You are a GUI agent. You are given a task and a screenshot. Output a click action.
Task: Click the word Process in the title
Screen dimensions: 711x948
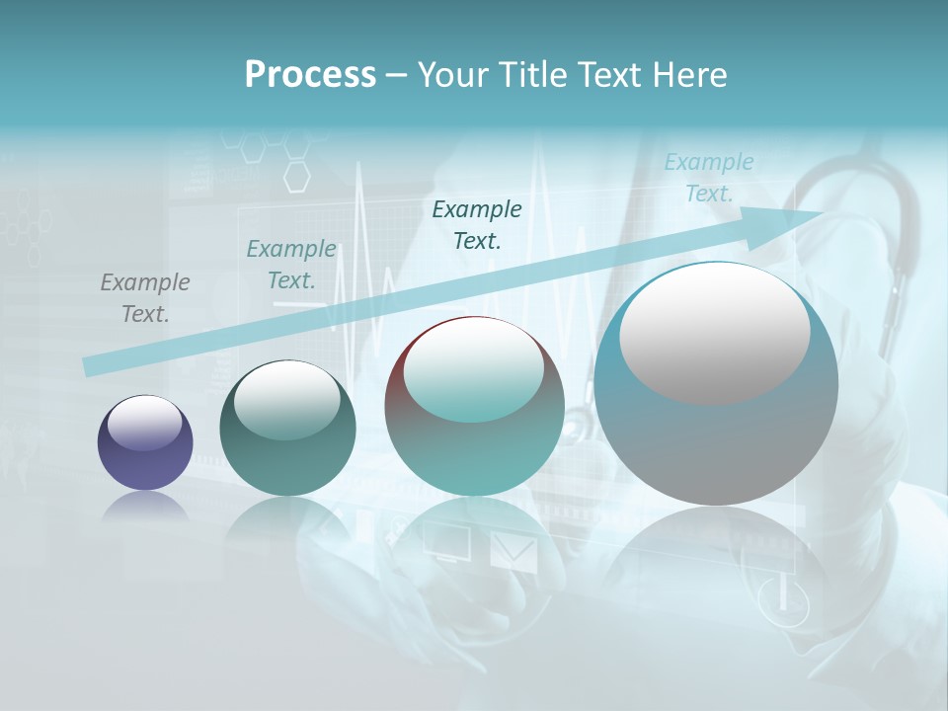(x=310, y=75)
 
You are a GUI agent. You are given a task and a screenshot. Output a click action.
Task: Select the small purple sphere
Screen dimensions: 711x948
(x=145, y=442)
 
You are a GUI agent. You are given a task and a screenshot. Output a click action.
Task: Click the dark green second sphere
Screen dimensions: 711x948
(x=287, y=429)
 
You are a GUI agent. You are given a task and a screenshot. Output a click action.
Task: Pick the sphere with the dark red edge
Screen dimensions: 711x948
(x=474, y=407)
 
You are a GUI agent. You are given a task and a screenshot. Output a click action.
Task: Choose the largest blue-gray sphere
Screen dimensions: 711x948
(x=716, y=385)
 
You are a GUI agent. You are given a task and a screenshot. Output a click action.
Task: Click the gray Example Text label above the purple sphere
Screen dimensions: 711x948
(x=145, y=298)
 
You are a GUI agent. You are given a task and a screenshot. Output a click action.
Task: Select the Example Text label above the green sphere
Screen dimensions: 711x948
(x=291, y=265)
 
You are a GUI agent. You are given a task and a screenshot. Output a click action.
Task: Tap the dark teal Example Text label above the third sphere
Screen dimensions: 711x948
(x=477, y=224)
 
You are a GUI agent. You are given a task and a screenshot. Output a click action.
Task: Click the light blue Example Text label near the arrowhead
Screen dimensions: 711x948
(x=709, y=178)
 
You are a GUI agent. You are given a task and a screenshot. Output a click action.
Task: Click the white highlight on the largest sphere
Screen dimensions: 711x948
(x=714, y=334)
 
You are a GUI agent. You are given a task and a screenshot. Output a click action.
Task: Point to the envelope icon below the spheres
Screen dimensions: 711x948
(x=513, y=552)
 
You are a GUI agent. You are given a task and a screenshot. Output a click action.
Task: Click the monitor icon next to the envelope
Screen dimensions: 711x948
(x=447, y=542)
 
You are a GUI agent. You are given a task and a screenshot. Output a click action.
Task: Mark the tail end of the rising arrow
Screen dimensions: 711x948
(x=89, y=367)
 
